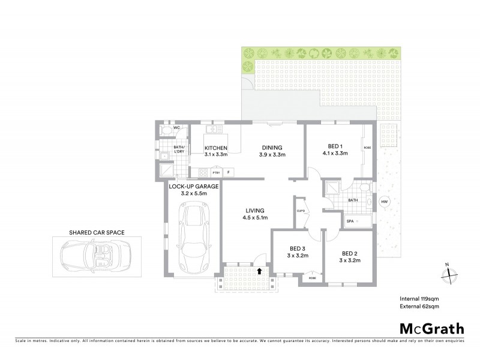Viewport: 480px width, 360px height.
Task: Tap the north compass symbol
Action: [448, 274]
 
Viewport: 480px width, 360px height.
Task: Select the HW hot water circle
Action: [384, 202]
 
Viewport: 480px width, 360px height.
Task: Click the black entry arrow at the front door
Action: [259, 271]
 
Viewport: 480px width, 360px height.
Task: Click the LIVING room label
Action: [254, 211]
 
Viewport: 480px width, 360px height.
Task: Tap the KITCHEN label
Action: [215, 148]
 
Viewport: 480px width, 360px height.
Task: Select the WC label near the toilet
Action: [176, 128]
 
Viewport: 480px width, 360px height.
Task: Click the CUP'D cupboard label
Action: [301, 211]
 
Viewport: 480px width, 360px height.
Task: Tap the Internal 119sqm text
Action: [420, 298]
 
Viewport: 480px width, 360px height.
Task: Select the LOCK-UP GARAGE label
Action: [194, 187]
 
